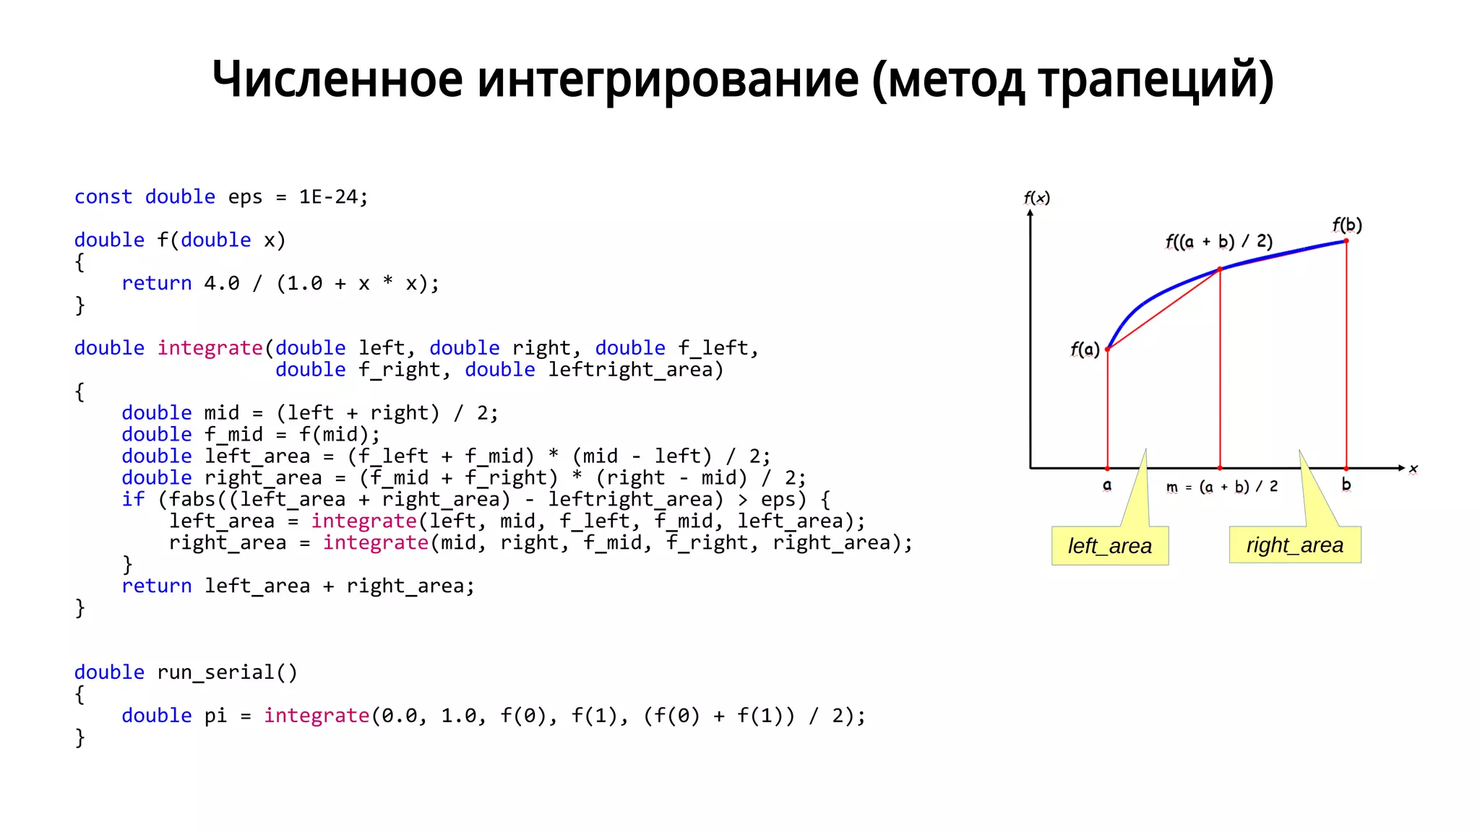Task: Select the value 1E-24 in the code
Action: (328, 196)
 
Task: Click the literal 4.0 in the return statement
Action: (221, 283)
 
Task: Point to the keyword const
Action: (103, 196)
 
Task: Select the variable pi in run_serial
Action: (215, 715)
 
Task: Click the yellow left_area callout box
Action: (1109, 545)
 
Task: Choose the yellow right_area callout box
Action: (1294, 545)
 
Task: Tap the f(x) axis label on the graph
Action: (1036, 197)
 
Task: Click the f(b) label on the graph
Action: (1347, 225)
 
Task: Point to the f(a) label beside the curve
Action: (1085, 350)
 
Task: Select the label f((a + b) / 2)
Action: (1218, 240)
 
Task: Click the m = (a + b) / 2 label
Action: (1221, 487)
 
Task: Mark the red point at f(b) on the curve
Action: (1346, 240)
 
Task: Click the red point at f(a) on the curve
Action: (1108, 349)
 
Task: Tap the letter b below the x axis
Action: (1346, 485)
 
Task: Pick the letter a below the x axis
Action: (1107, 485)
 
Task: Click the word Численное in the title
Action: (337, 79)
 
